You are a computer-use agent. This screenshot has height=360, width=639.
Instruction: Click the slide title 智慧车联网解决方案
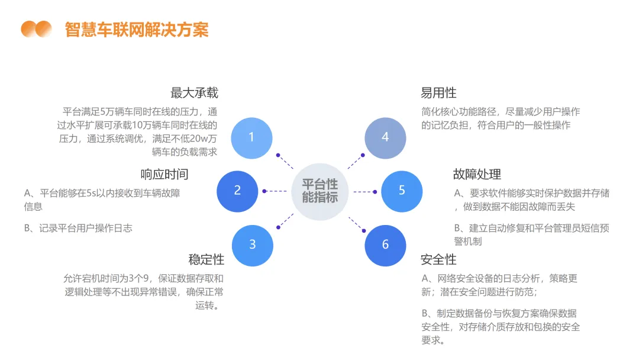tap(137, 29)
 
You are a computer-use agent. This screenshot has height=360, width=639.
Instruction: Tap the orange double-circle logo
tap(36, 29)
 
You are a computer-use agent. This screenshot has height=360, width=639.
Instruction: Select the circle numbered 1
tap(251, 137)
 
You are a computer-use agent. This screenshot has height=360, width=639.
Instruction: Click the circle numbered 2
tap(237, 191)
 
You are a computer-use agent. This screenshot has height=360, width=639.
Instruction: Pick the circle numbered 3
tap(252, 245)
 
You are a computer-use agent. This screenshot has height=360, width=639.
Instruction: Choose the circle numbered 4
tap(385, 137)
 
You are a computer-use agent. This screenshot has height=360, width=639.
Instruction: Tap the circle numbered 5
tap(402, 191)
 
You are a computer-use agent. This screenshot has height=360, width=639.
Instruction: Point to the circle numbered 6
tap(385, 245)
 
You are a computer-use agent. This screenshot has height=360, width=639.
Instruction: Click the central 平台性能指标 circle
tap(320, 191)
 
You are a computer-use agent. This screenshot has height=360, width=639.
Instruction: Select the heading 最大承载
tap(194, 93)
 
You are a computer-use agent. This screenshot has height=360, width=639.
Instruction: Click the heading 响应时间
tap(164, 174)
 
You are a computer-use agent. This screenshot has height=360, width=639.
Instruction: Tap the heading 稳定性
tap(206, 259)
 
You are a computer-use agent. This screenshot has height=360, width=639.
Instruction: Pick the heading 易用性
tap(438, 93)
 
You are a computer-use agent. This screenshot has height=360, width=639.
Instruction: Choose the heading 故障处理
tap(477, 174)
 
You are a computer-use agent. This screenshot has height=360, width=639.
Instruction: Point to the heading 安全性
tap(438, 259)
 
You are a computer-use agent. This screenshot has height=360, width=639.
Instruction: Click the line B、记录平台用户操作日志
tap(78, 228)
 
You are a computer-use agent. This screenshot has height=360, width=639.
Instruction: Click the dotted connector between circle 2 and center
tap(275, 191)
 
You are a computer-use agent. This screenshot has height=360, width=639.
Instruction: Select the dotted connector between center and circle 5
tap(364, 191)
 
